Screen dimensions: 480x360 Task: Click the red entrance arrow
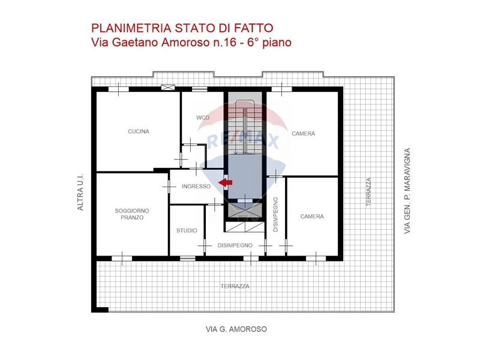pyautogui.click(x=226, y=182)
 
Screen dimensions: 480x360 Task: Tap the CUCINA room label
pyautogui.click(x=139, y=131)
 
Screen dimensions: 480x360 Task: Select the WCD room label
pyautogui.click(x=203, y=118)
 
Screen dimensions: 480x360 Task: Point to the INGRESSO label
pyautogui.click(x=196, y=186)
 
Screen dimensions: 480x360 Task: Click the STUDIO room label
pyautogui.click(x=187, y=230)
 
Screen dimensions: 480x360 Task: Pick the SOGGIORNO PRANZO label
pyautogui.click(x=132, y=214)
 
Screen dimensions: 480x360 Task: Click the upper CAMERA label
pyautogui.click(x=304, y=133)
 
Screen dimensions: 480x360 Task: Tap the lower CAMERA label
pyautogui.click(x=312, y=217)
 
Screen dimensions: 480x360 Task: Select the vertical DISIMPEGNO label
pyautogui.click(x=275, y=215)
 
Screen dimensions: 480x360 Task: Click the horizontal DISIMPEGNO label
pyautogui.click(x=235, y=245)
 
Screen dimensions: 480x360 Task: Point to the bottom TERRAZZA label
pyautogui.click(x=235, y=286)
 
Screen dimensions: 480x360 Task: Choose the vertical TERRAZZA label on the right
pyautogui.click(x=368, y=192)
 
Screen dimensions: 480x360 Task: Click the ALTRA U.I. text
pyautogui.click(x=80, y=192)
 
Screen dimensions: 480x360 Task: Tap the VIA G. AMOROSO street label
pyautogui.click(x=236, y=329)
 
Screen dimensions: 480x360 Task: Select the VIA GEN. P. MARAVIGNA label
pyautogui.click(x=407, y=191)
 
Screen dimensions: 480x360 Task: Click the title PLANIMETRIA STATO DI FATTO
pyautogui.click(x=182, y=28)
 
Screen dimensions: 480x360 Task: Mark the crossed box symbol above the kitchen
pyautogui.click(x=168, y=88)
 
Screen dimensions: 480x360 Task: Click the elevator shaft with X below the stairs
pyautogui.click(x=245, y=210)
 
